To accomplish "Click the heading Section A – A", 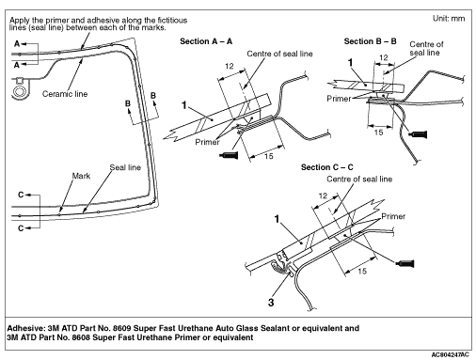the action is [206, 41].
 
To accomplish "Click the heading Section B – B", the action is [370, 41].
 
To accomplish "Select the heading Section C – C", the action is [327, 167].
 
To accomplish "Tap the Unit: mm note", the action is [449, 19].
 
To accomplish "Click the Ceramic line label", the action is [65, 94].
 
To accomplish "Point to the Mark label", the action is [81, 176].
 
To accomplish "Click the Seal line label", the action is [125, 167].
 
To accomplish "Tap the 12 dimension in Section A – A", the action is [230, 66].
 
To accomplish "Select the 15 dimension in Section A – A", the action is [268, 156].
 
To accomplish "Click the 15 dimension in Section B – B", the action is [378, 133].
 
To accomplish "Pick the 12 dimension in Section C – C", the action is [323, 196].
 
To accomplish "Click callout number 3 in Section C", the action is [271, 303].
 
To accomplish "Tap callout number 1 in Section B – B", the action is [351, 63].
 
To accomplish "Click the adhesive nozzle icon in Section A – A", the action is [229, 155].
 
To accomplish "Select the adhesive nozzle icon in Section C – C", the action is [405, 263].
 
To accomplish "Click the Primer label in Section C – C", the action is [393, 216].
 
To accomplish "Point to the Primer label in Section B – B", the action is [339, 99].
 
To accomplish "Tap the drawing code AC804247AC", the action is [451, 354].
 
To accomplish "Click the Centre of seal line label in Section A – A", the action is [279, 54].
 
